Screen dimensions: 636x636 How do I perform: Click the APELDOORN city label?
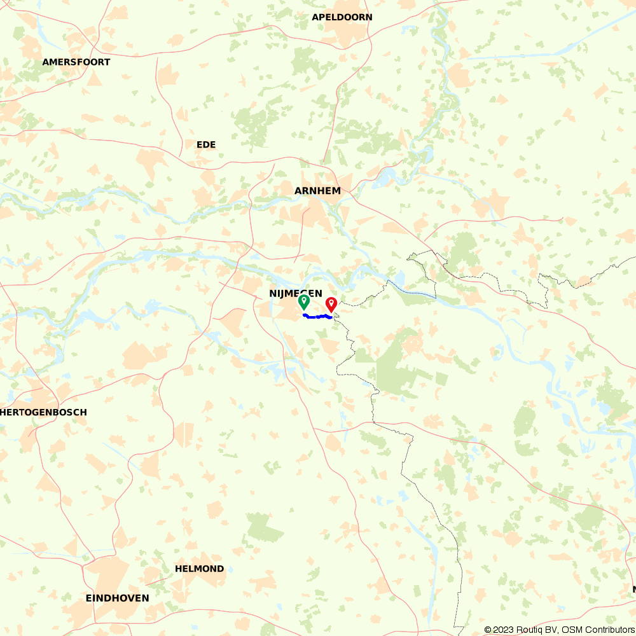[x=342, y=17]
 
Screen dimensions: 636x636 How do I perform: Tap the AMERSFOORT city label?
[x=76, y=62]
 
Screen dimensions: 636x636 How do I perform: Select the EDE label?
[x=206, y=145]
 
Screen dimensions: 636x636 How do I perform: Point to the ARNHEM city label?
[x=317, y=191]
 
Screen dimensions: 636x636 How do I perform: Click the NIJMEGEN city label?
[x=295, y=293]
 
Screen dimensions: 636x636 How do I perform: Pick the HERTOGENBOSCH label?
[x=45, y=412]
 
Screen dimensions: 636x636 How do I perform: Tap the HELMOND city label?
[x=200, y=569]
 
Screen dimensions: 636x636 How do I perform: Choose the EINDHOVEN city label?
[x=118, y=598]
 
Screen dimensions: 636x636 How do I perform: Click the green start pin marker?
[x=304, y=301]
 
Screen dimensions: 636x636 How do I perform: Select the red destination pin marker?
[x=331, y=303]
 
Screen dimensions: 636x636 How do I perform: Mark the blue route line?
[x=316, y=316]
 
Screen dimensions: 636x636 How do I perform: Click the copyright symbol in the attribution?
[x=488, y=630]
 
